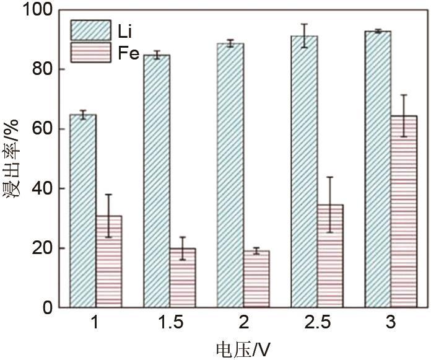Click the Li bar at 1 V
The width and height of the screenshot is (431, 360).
click(82, 211)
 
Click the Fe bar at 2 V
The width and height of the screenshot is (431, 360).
click(256, 279)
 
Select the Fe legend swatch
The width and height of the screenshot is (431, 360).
click(90, 53)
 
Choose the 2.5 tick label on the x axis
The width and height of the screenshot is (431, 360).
click(317, 324)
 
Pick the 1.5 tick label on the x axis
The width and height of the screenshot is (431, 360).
click(169, 324)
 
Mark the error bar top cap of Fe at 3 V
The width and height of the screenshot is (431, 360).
click(404, 95)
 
